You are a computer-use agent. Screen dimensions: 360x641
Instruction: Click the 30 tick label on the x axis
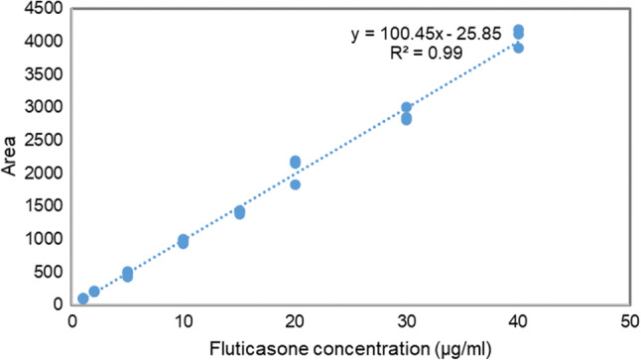[406, 322]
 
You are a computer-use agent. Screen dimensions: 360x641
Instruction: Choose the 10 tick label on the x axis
[183, 322]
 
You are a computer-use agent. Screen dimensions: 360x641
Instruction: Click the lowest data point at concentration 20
[295, 184]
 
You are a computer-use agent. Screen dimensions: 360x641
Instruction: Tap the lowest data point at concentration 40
[518, 48]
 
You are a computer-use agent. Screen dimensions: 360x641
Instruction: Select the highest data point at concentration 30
[406, 107]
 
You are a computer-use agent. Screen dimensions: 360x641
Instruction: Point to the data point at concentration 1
[83, 299]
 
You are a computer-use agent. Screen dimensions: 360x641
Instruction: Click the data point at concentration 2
[94, 292]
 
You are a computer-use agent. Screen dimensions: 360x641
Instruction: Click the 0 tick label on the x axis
[71, 322]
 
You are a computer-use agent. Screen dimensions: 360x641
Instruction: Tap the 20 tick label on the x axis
[295, 322]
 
